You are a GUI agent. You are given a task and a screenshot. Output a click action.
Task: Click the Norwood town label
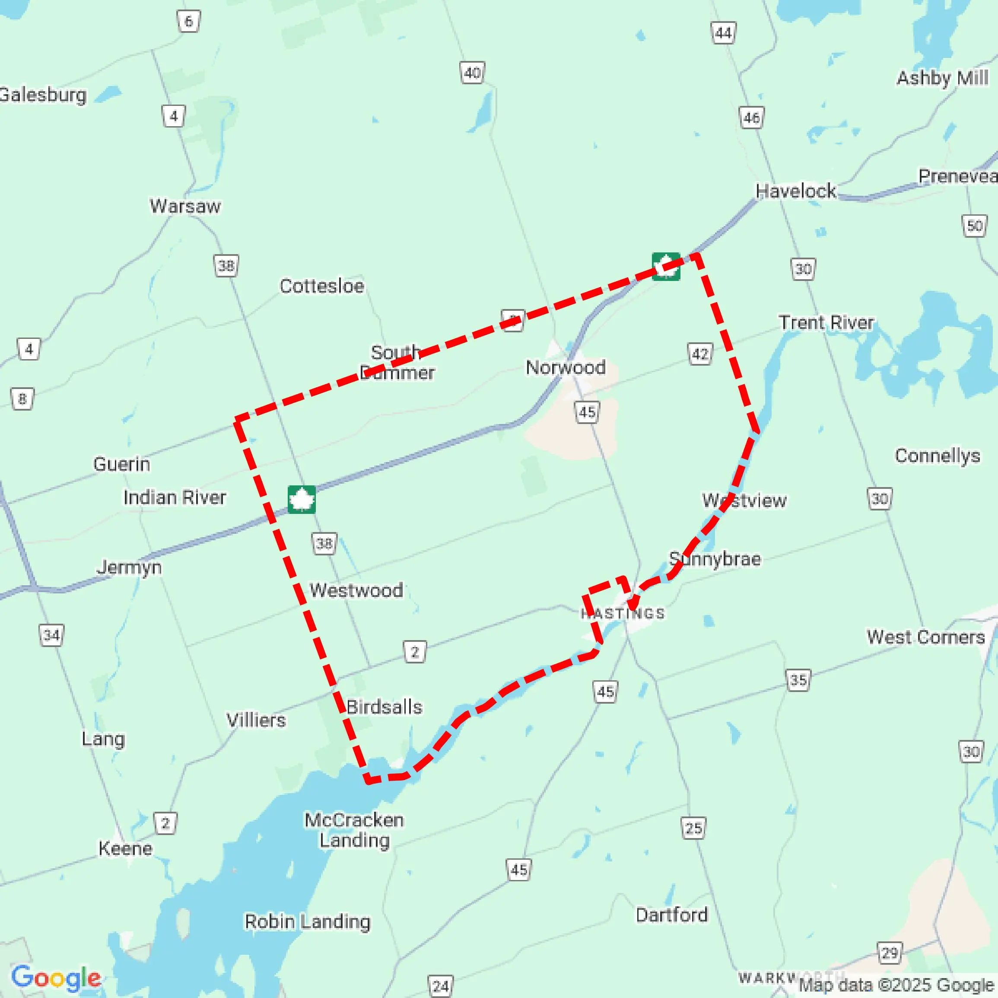pyautogui.click(x=565, y=367)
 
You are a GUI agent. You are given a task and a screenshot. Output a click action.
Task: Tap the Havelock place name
pyautogui.click(x=795, y=191)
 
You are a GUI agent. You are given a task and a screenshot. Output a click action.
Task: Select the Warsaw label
pyautogui.click(x=185, y=206)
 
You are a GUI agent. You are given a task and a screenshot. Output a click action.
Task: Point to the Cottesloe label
pyautogui.click(x=322, y=286)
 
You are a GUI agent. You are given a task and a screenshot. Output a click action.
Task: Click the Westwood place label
pyautogui.click(x=356, y=590)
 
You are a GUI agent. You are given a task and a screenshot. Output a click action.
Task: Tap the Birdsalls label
pyautogui.click(x=384, y=707)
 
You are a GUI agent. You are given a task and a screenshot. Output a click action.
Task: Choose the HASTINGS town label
pyautogui.click(x=623, y=613)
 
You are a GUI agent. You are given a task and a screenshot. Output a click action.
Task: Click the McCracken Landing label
pyautogui.click(x=354, y=830)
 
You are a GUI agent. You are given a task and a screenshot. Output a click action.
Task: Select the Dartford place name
pyautogui.click(x=671, y=915)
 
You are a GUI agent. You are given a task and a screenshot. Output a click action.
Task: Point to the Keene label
pyautogui.click(x=126, y=848)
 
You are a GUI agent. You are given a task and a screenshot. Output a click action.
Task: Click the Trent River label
pyautogui.click(x=826, y=322)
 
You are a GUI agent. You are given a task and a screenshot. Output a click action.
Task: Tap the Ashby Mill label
pyautogui.click(x=942, y=78)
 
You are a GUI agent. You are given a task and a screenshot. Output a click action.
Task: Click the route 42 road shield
pyautogui.click(x=700, y=354)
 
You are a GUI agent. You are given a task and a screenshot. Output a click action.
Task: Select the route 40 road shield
pyautogui.click(x=472, y=73)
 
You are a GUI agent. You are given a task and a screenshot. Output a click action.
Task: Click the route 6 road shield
pyautogui.click(x=188, y=21)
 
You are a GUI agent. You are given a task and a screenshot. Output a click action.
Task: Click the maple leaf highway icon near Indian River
pyautogui.click(x=302, y=499)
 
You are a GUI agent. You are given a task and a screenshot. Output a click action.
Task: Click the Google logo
pyautogui.click(x=56, y=978)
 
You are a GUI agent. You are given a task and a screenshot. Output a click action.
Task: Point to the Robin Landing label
pyautogui.click(x=307, y=921)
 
